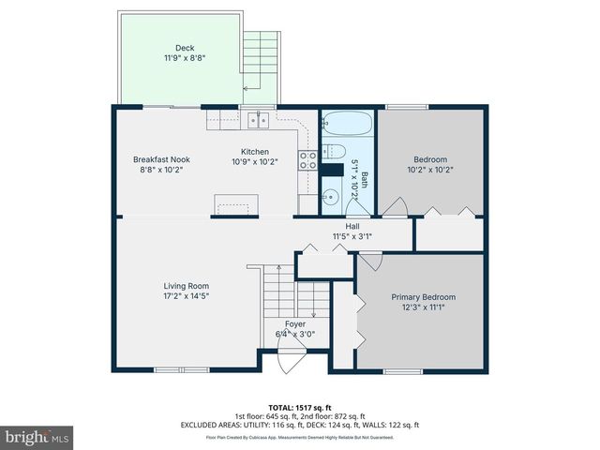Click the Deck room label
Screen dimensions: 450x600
click(x=184, y=48)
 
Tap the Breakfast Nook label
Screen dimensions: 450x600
click(x=161, y=159)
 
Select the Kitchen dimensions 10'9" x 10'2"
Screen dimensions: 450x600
click(x=254, y=162)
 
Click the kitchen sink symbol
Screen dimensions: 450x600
click(x=259, y=120)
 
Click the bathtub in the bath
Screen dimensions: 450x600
click(x=348, y=124)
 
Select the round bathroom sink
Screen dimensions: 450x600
click(x=331, y=198)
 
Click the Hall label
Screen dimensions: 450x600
click(x=352, y=226)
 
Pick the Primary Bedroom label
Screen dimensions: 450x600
click(x=423, y=296)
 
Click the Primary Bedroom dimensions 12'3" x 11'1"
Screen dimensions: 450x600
click(x=423, y=307)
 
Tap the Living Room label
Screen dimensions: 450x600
click(x=187, y=286)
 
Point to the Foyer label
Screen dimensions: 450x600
click(x=295, y=323)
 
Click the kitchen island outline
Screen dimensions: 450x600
click(x=236, y=204)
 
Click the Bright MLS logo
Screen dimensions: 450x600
click(x=37, y=437)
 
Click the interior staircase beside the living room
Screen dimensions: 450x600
click(x=277, y=294)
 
